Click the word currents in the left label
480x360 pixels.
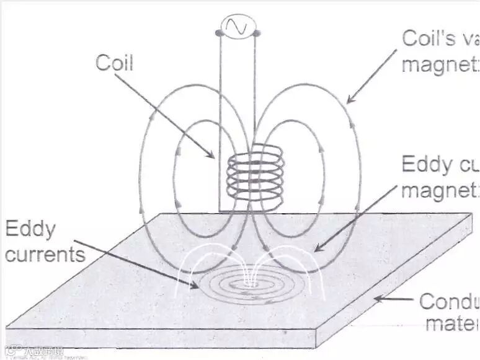pyautogui.click(x=45, y=253)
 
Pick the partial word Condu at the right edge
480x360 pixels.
pyautogui.click(x=449, y=302)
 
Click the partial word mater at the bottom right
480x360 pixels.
pyautogui.click(x=451, y=323)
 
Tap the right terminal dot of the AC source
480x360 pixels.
pyautogui.click(x=256, y=32)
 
